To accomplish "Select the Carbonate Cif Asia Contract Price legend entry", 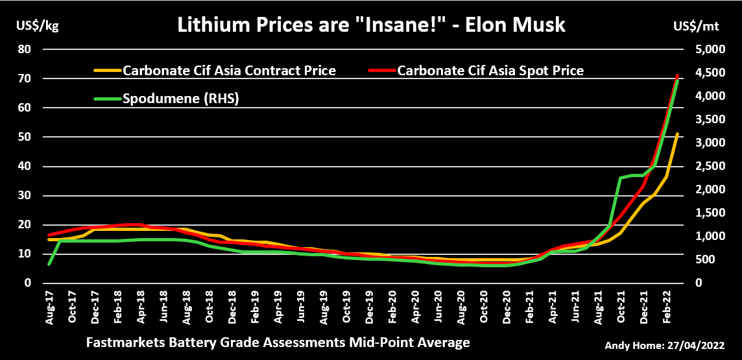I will [x=229, y=70].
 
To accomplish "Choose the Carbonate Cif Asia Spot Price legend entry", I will [x=490, y=70].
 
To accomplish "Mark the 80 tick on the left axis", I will [x=25, y=49].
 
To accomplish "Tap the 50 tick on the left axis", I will [x=25, y=137].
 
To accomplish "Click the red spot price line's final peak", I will [x=678, y=76].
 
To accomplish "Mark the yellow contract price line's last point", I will [x=678, y=134].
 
